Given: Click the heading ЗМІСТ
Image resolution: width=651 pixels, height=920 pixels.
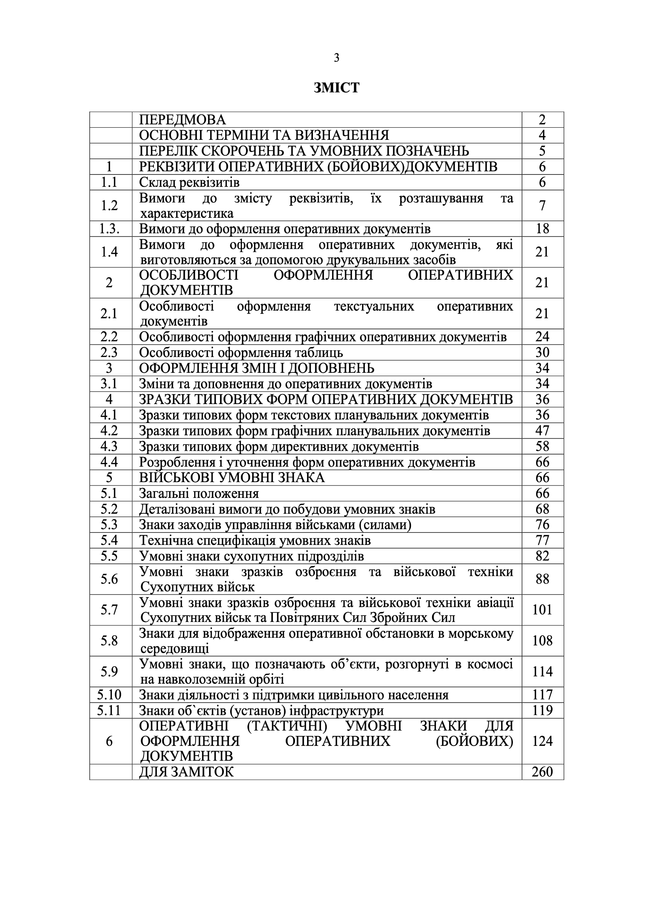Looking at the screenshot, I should click(x=336, y=87).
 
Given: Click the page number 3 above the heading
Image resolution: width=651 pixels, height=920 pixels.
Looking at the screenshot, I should click(x=336, y=58).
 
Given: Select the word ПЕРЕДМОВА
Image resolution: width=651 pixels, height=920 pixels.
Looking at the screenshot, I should click(x=182, y=119).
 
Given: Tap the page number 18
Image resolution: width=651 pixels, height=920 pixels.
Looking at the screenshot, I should click(x=542, y=229).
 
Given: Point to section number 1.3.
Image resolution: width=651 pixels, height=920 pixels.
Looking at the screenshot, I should click(x=109, y=229).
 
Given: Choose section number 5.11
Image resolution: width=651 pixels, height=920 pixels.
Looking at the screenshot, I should click(x=109, y=711).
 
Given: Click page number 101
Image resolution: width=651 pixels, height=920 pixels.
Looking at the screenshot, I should click(x=542, y=609).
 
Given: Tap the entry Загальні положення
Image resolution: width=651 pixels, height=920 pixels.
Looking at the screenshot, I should click(x=199, y=493).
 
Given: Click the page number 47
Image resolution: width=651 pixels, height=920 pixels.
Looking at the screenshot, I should click(x=542, y=431).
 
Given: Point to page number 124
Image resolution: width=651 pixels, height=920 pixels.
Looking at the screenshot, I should click(x=542, y=741).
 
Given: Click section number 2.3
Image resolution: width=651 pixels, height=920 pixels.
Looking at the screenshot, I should click(x=109, y=353).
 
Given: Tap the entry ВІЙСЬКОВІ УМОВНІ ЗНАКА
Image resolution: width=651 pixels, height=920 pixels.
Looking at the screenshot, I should click(x=232, y=478).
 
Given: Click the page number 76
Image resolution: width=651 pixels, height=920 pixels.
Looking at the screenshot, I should click(x=542, y=524).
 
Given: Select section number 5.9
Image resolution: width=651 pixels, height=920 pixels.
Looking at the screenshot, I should click(x=109, y=671).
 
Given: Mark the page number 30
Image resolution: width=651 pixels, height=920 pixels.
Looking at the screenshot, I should click(x=542, y=353).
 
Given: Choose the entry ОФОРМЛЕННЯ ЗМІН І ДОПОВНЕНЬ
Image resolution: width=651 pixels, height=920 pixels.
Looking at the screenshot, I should click(x=257, y=368).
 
